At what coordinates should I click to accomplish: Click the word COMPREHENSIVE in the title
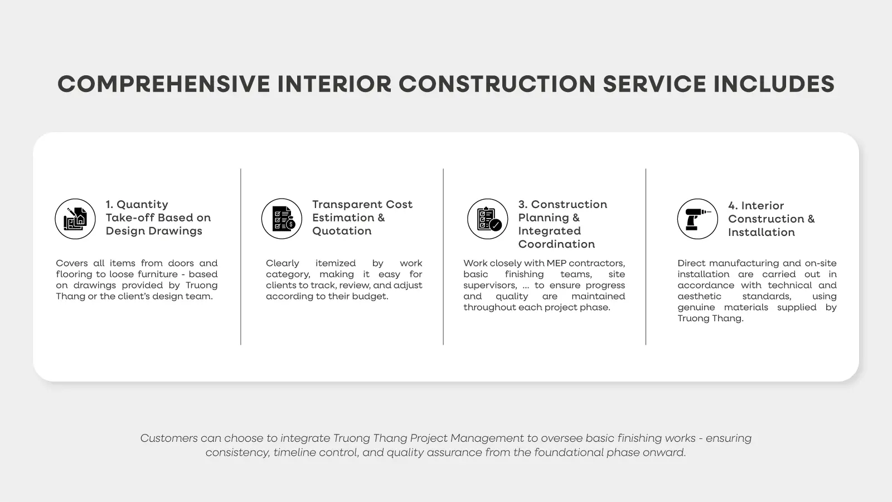point(164,84)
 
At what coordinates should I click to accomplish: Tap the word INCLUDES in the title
point(774,84)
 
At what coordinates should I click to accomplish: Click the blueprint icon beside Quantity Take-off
point(75,219)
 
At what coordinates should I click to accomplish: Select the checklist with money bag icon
point(282,219)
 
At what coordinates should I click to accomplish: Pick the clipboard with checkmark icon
point(487,219)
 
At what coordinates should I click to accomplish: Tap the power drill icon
point(697,219)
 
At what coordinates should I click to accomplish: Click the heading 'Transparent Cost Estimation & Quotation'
point(362,218)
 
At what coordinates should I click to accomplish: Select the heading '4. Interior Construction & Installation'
point(772,219)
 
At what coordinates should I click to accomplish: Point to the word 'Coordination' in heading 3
point(556,244)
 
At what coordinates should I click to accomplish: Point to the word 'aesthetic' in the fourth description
point(699,296)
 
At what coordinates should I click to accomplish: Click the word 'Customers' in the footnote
point(169,438)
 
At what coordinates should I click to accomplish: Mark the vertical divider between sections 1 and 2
point(240,257)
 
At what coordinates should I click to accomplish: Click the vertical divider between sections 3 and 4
point(646,257)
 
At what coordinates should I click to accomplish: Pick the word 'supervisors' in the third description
point(490,286)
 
